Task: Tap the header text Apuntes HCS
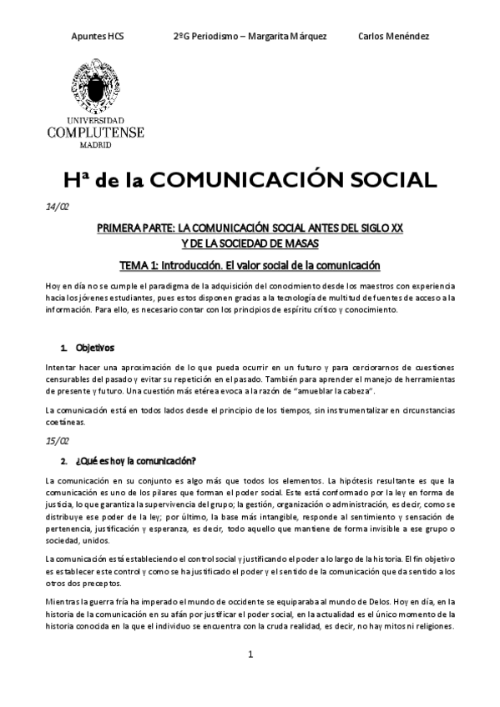pyautogui.click(x=98, y=37)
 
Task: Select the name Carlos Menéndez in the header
pyautogui.click(x=392, y=37)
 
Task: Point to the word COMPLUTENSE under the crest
pyautogui.click(x=96, y=132)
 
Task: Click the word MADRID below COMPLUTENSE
pyautogui.click(x=96, y=143)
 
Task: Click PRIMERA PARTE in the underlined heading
pyautogui.click(x=136, y=228)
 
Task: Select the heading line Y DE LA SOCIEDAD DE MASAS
pyautogui.click(x=250, y=243)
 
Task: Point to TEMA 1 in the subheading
pyautogui.click(x=143, y=265)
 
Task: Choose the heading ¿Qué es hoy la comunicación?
pyautogui.click(x=135, y=460)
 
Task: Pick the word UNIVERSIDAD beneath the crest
pyautogui.click(x=96, y=120)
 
